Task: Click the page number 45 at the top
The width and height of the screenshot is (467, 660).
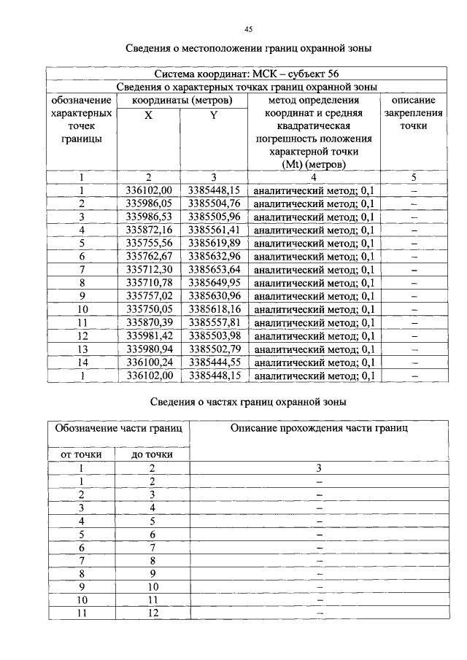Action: pos(248,29)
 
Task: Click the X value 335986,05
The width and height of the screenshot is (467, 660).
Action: pos(148,203)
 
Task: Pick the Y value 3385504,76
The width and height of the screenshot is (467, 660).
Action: pos(214,203)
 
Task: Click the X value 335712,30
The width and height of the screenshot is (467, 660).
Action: pos(148,270)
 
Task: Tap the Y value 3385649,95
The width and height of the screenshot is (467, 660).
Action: pos(214,283)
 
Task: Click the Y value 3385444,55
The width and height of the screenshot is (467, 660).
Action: pos(214,362)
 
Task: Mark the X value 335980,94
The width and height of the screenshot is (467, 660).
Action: pos(148,349)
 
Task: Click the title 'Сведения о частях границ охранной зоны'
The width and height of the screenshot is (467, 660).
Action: pos(248,402)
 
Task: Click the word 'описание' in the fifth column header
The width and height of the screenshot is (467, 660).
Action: pos(413,100)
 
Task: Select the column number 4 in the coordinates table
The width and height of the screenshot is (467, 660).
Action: pos(313,177)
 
